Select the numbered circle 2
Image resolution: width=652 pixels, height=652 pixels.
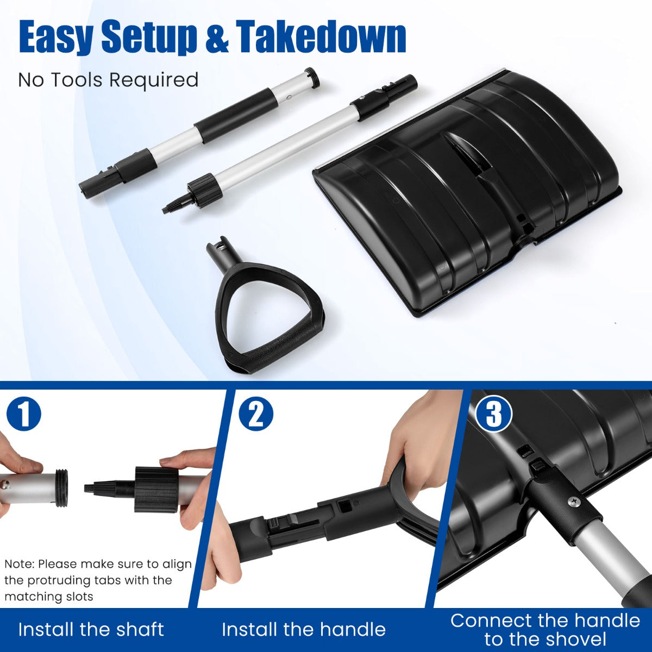(256, 416)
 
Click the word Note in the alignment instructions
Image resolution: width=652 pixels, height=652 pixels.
(19, 564)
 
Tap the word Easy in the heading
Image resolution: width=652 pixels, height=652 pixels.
(55, 37)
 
